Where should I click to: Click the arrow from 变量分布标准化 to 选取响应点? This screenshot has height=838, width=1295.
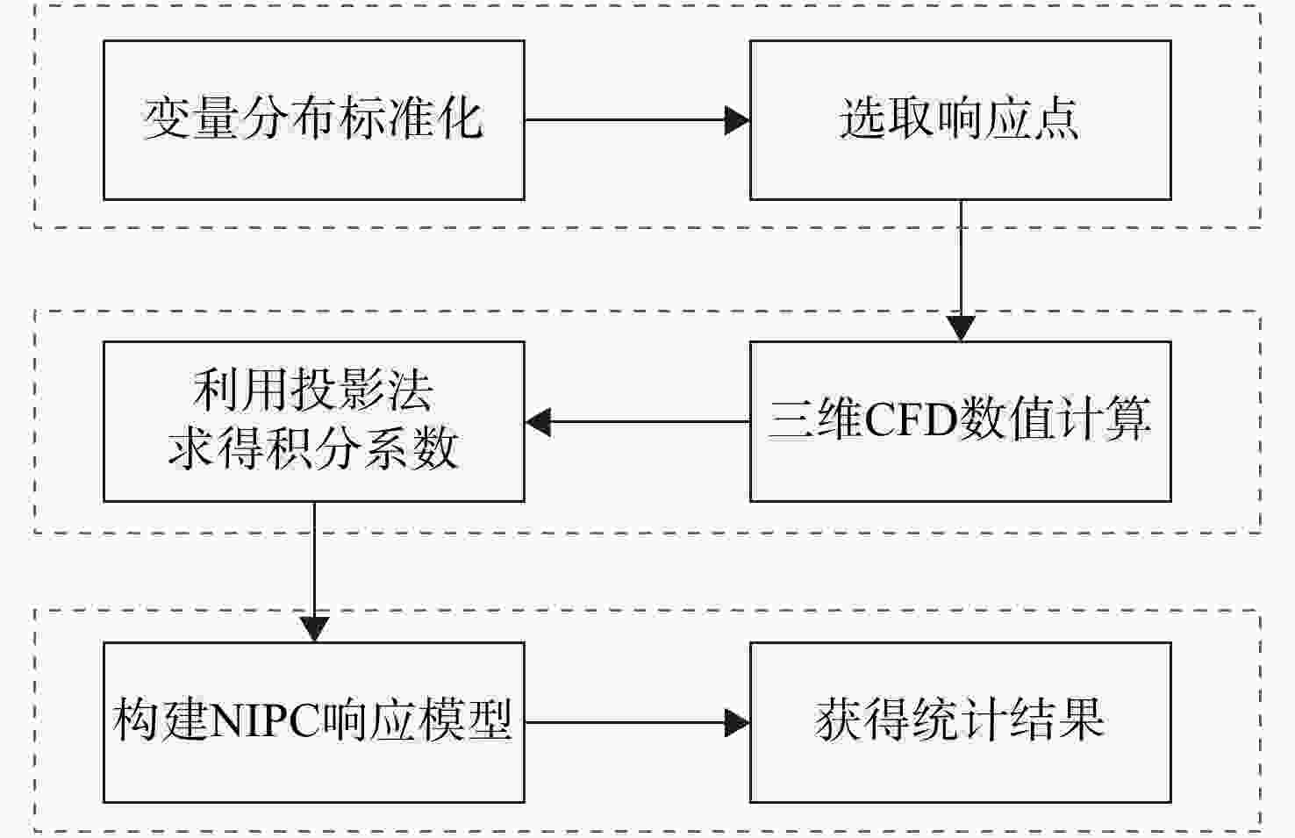tap(638, 120)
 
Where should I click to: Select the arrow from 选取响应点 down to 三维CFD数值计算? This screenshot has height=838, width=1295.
tap(961, 270)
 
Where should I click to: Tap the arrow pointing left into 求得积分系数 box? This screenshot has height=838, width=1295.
tap(638, 421)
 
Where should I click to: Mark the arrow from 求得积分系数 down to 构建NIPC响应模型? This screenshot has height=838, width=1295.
tap(314, 572)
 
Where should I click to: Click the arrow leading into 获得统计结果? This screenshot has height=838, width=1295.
tap(638, 723)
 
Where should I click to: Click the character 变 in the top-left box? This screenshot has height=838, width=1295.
tap(167, 118)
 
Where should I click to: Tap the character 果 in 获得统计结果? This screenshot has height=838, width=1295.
tap(1081, 720)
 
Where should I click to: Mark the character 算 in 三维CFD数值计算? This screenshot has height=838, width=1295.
tap(1127, 419)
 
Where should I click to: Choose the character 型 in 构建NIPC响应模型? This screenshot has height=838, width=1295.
tap(489, 720)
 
